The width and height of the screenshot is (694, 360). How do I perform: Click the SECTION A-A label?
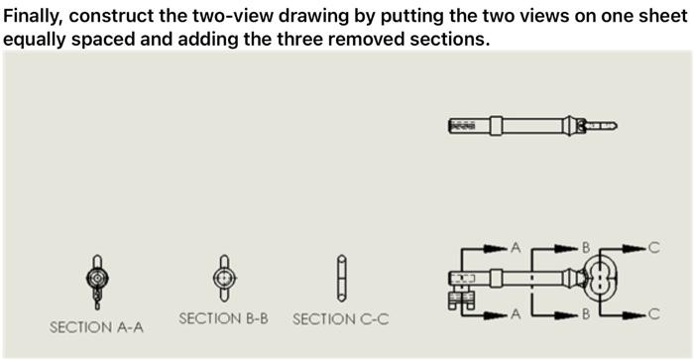96,326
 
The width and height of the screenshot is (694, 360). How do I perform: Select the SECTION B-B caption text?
223,318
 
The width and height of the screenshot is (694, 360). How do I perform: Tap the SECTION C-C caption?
340,318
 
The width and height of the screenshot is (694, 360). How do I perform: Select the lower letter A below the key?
515,315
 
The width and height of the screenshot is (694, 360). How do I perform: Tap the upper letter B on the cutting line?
585,246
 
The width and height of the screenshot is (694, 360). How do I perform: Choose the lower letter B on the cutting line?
585,315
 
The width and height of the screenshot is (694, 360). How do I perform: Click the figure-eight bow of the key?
602,280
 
